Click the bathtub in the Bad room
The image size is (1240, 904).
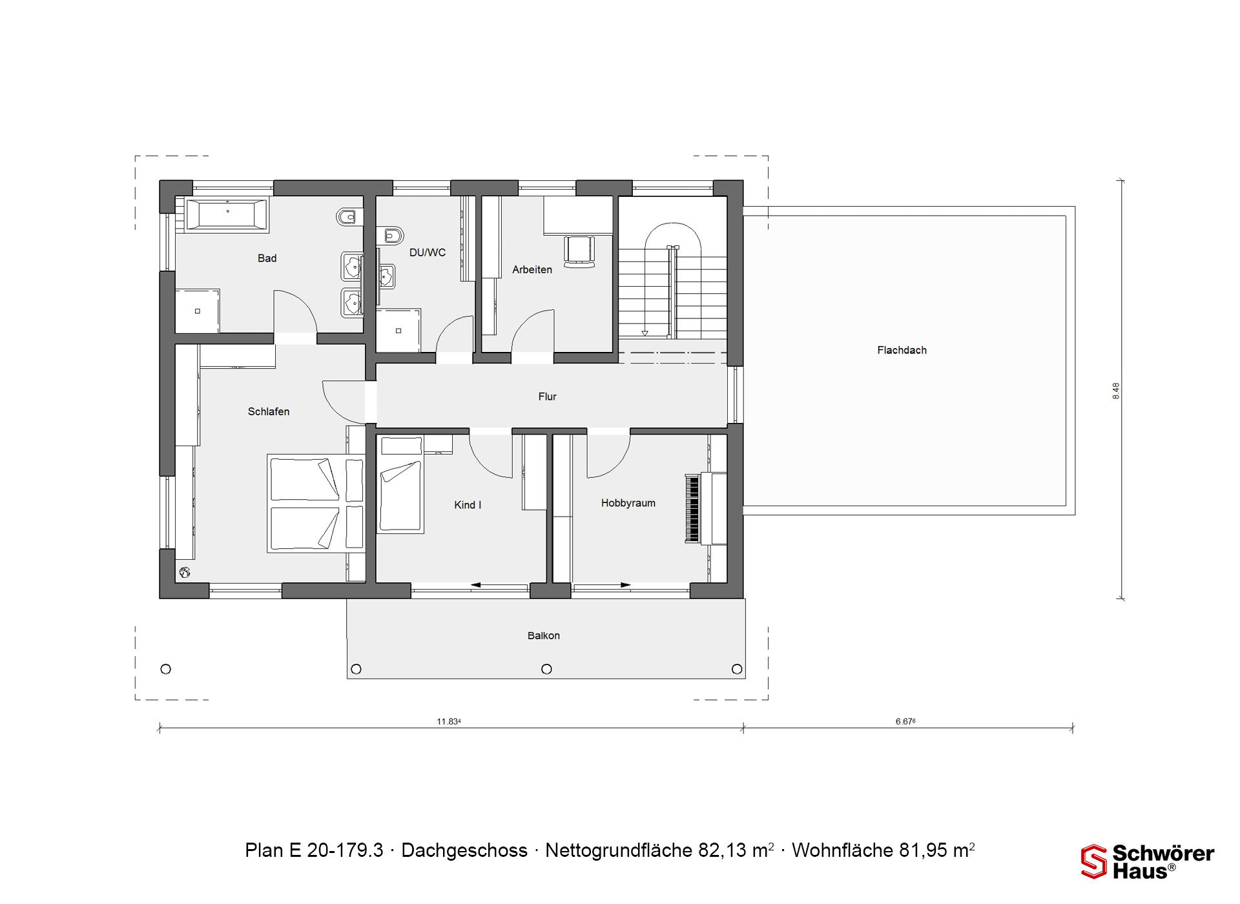[x=227, y=214]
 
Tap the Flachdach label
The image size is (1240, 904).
[x=902, y=351]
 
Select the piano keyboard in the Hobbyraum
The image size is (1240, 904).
[x=692, y=509]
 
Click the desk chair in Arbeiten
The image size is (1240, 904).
[x=579, y=251]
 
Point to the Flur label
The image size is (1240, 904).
[x=547, y=396]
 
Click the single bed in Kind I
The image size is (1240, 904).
[x=401, y=484]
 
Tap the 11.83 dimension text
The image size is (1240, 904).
[x=449, y=721]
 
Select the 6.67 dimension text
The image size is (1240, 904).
[x=905, y=721]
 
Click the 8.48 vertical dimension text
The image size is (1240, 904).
[x=1116, y=391]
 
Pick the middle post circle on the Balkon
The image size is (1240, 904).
[x=546, y=669]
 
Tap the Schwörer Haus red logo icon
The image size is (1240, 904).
[x=1094, y=861]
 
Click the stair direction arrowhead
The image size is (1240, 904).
[x=645, y=333]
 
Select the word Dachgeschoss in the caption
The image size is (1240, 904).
[x=464, y=850]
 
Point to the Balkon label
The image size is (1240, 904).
[x=544, y=636]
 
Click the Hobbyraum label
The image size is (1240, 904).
[x=628, y=503]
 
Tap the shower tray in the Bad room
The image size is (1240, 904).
[x=198, y=311]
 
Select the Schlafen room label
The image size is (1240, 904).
[x=269, y=411]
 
